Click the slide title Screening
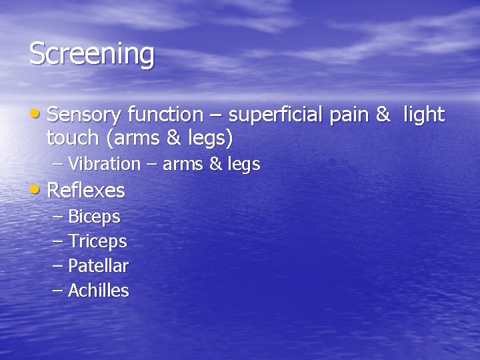click(x=91, y=55)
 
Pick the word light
click(x=423, y=115)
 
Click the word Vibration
click(x=104, y=164)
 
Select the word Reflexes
click(x=86, y=191)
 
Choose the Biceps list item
click(x=94, y=217)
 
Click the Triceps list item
click(x=97, y=241)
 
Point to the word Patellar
click(x=98, y=266)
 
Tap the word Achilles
click(x=98, y=291)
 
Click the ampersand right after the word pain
click(x=383, y=115)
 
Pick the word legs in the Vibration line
click(x=243, y=165)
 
